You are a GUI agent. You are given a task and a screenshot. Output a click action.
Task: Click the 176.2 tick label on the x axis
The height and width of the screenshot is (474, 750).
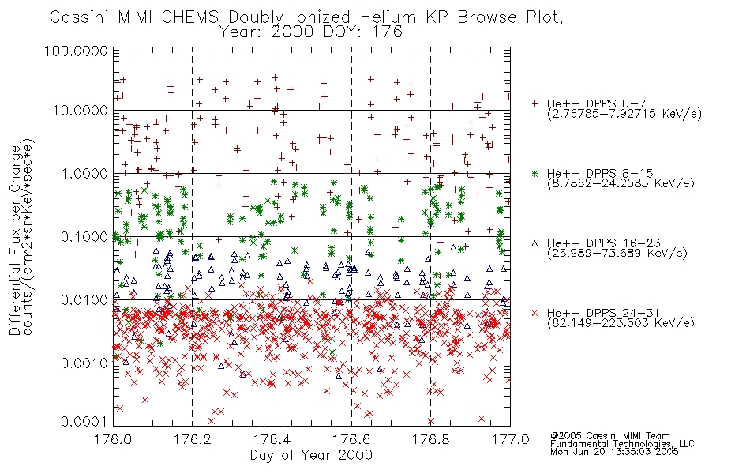[193, 439]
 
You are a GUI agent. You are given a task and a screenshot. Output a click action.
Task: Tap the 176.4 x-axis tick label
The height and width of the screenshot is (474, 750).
[272, 439]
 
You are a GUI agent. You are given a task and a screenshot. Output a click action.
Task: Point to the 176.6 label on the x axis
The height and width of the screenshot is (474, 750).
[351, 439]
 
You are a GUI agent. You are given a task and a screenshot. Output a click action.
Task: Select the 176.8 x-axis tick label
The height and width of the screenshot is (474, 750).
[431, 439]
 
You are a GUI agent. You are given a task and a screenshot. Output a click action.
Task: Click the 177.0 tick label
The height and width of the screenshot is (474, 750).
[510, 439]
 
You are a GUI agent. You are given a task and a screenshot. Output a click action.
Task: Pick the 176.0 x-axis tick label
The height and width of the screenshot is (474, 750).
[113, 439]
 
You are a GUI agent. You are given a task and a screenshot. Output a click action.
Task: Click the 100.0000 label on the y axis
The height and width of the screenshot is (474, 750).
[76, 51]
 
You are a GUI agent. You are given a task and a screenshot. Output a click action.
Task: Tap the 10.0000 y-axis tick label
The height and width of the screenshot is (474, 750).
[80, 111]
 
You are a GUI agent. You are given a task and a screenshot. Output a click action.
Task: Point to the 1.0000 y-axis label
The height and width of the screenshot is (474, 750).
[84, 173]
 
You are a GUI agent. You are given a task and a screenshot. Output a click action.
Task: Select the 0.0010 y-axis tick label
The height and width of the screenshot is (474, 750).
[84, 363]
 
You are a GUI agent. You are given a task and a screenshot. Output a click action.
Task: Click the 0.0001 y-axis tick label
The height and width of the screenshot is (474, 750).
[84, 421]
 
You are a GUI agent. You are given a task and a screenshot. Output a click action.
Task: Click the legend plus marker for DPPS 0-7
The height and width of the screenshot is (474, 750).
[534, 103]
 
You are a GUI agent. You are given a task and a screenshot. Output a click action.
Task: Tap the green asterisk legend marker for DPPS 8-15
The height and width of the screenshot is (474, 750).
[534, 173]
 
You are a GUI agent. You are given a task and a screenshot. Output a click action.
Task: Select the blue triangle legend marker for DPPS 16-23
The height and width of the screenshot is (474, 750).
[534, 243]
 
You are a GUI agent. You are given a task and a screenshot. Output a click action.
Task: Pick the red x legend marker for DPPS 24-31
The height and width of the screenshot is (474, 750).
[534, 313]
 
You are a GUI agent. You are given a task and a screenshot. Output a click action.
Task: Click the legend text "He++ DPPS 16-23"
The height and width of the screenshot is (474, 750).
[604, 243]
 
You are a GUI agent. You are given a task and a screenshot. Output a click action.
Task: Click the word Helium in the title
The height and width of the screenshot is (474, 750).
[388, 17]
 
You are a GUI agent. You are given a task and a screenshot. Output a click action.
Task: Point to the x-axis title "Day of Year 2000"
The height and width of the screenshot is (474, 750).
[311, 454]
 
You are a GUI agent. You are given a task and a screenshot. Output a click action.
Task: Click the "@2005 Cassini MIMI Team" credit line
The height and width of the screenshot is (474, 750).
[609, 436]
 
